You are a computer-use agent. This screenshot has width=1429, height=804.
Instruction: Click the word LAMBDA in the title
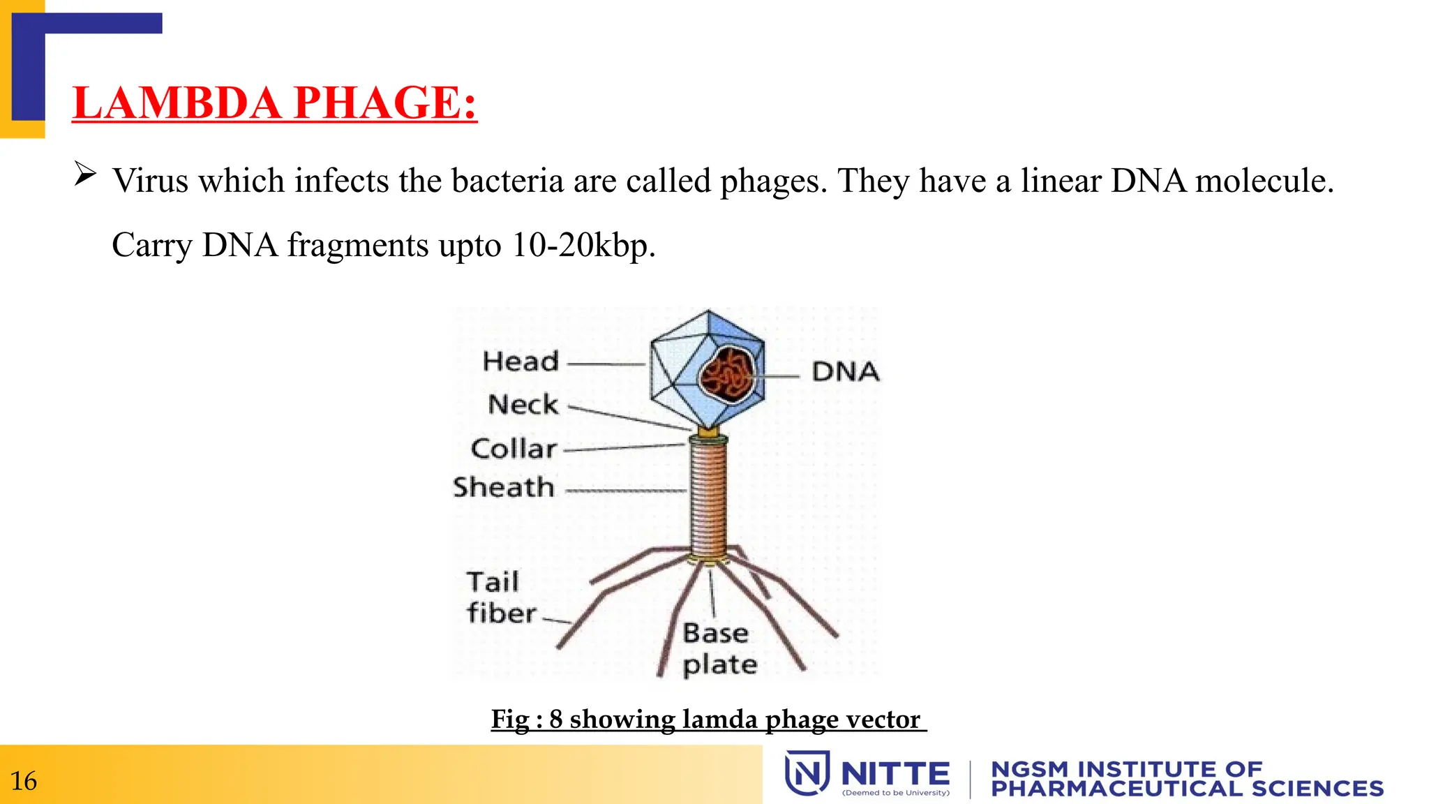click(x=177, y=103)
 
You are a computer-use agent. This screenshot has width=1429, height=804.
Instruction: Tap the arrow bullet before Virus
click(x=85, y=174)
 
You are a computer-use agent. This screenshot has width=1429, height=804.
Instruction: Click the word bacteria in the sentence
click(x=507, y=181)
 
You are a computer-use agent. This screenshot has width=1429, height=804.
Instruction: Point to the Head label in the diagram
click(x=521, y=362)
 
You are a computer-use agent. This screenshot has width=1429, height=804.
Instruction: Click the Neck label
click(x=523, y=404)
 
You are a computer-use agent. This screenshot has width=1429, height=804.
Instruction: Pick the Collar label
click(x=514, y=449)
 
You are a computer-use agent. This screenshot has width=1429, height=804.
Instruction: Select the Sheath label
click(x=504, y=487)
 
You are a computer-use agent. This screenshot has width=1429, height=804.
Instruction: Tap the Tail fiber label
click(x=500, y=597)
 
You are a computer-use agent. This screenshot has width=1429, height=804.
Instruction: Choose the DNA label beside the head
click(x=846, y=372)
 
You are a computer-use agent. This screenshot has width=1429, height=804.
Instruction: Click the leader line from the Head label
click(x=606, y=364)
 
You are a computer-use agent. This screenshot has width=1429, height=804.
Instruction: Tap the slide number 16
click(x=24, y=781)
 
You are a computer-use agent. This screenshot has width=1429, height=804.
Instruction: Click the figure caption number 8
click(x=555, y=719)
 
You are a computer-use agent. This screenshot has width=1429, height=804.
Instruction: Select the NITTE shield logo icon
click(x=807, y=773)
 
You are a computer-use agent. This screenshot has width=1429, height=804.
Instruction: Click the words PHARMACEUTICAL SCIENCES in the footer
click(x=1187, y=789)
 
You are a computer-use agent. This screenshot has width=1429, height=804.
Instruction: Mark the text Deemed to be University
click(x=896, y=793)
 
